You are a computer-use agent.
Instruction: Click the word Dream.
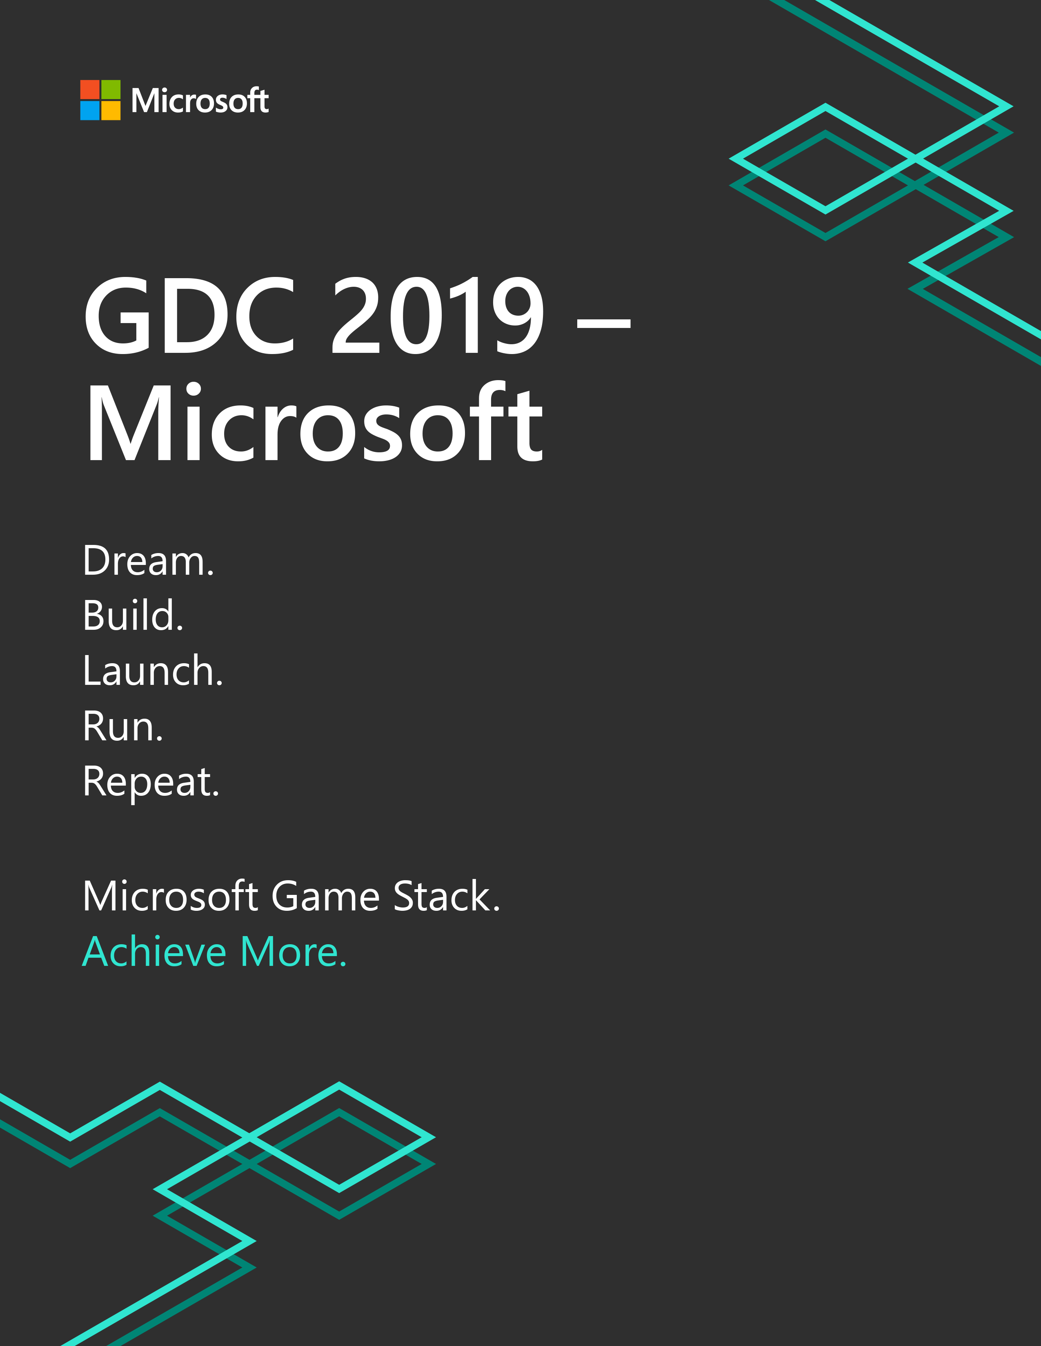click(x=149, y=561)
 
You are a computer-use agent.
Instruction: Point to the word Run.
click(x=123, y=726)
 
